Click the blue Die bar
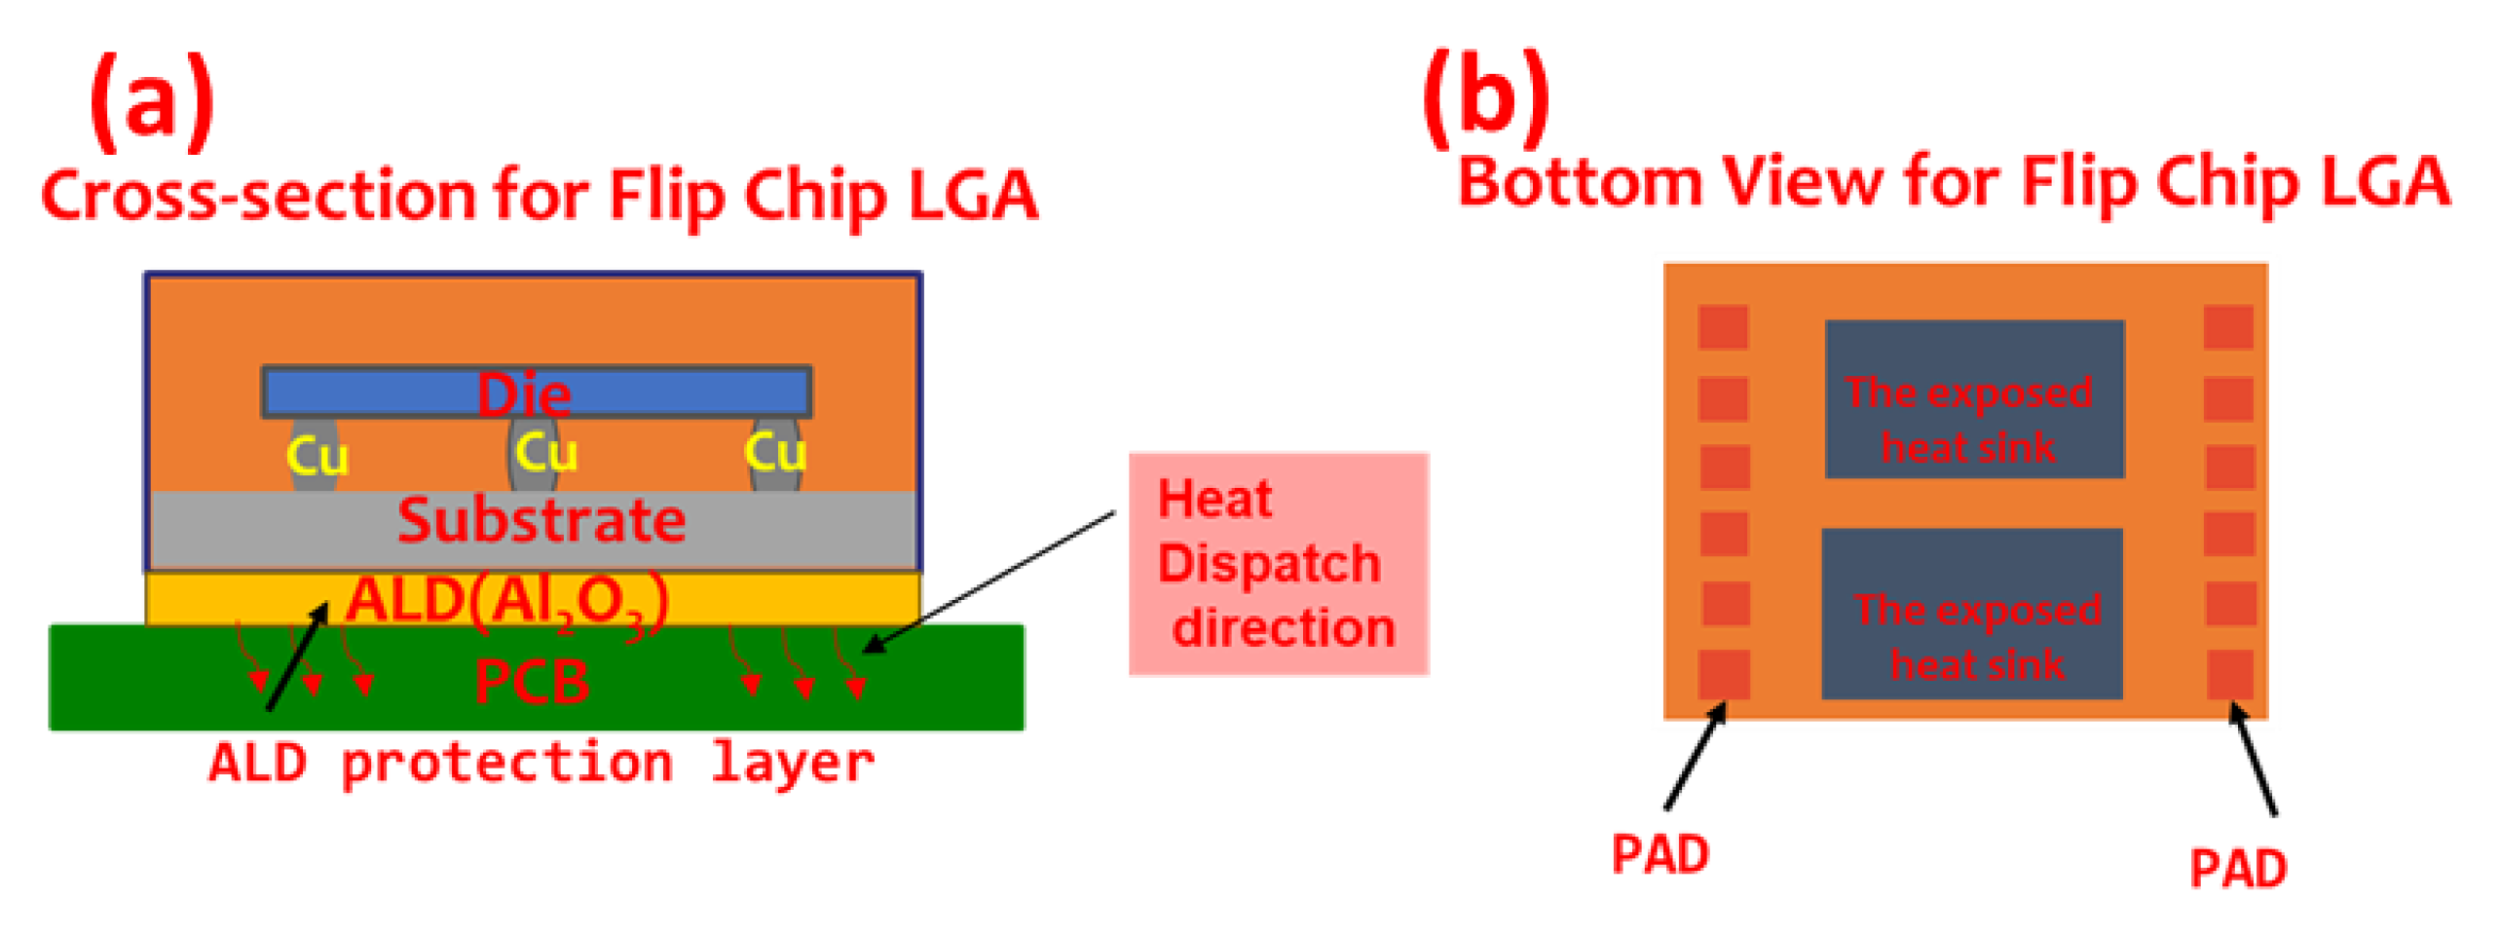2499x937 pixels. (390, 393)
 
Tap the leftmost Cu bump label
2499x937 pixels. (317, 456)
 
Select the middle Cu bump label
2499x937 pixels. (545, 453)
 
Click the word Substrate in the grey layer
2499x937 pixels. (541, 520)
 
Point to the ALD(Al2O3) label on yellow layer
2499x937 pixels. (506, 600)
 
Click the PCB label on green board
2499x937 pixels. (531, 682)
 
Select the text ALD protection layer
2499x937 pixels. (541, 763)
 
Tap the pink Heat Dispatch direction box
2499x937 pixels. (1277, 564)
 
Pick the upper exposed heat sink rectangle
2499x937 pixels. (1973, 399)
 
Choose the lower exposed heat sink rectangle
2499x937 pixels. (1971, 614)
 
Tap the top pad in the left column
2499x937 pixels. (1722, 327)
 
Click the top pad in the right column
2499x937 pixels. (2227, 327)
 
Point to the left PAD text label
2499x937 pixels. (1660, 855)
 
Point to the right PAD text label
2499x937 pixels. (2237, 869)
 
